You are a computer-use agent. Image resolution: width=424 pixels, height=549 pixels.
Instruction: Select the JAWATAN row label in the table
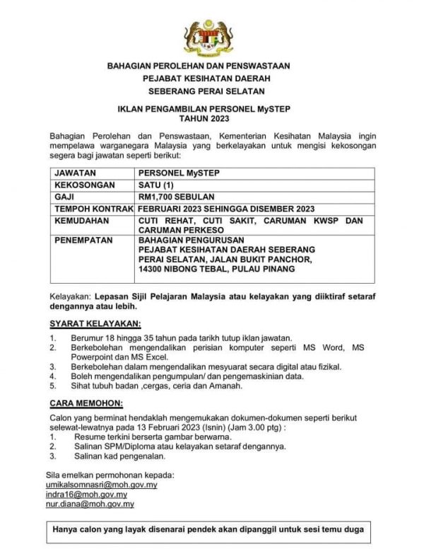click(76, 172)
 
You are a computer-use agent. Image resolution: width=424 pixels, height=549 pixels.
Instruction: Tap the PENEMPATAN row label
click(83, 241)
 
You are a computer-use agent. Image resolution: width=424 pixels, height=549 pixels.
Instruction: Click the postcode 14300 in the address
click(153, 270)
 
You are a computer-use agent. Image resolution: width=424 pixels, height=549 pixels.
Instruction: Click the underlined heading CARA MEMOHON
click(87, 403)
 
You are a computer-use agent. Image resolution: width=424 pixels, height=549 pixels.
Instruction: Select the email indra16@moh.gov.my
click(91, 495)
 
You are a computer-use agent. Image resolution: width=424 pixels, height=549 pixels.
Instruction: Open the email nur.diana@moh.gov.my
click(94, 504)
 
